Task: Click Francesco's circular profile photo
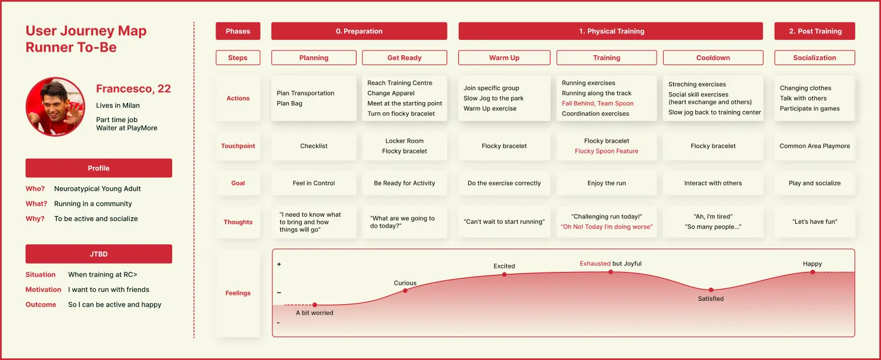coord(55,107)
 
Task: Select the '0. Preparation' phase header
coord(359,31)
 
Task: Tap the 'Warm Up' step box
coord(504,58)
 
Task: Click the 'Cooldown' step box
coord(713,58)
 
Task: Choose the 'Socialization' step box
coord(815,58)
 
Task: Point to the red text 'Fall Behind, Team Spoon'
coord(597,103)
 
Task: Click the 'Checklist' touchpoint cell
coord(314,146)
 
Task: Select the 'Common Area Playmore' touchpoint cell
coord(815,146)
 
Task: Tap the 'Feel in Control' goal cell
coord(314,183)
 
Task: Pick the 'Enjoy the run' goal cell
coord(607,183)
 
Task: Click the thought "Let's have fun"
coord(815,221)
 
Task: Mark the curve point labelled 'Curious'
coord(405,291)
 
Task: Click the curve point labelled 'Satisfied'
coord(711,290)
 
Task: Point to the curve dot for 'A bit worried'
coord(315,305)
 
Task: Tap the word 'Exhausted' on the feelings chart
coord(595,264)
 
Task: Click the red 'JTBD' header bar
coord(99,254)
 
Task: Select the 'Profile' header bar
coord(99,168)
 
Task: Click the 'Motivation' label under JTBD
coord(43,290)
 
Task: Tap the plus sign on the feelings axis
coord(279,264)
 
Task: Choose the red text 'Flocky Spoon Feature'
coord(607,151)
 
